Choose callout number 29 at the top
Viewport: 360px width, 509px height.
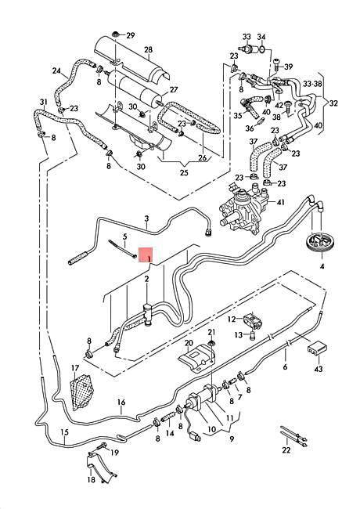point(130,35)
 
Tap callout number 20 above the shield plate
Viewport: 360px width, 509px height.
point(188,343)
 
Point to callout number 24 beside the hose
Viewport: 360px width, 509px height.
point(56,71)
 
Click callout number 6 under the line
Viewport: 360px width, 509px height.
point(285,366)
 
